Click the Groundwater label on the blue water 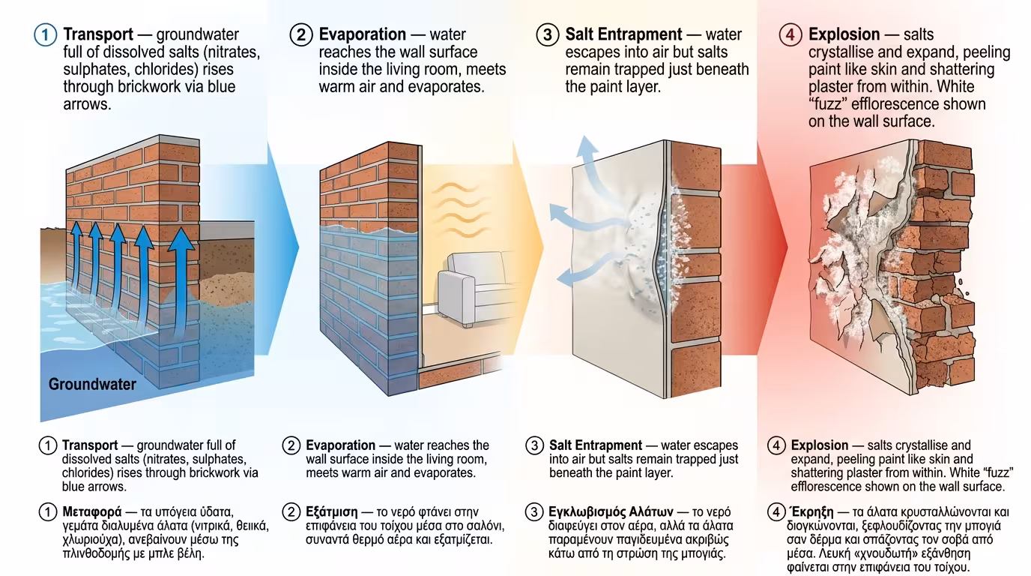[92, 384]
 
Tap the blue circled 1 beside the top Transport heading [45, 34]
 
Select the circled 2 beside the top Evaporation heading [301, 34]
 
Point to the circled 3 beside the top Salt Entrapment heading [548, 34]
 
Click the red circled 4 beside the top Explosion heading [790, 34]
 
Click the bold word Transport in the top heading [98, 34]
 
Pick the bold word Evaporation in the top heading [362, 34]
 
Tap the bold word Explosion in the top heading [844, 34]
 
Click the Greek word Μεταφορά [92, 512]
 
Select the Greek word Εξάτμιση [331, 512]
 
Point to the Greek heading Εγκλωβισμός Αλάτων [611, 512]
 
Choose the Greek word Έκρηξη [812, 511]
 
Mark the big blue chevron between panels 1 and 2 [281, 248]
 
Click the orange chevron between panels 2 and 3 [527, 248]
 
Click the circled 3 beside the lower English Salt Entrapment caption [534, 445]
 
